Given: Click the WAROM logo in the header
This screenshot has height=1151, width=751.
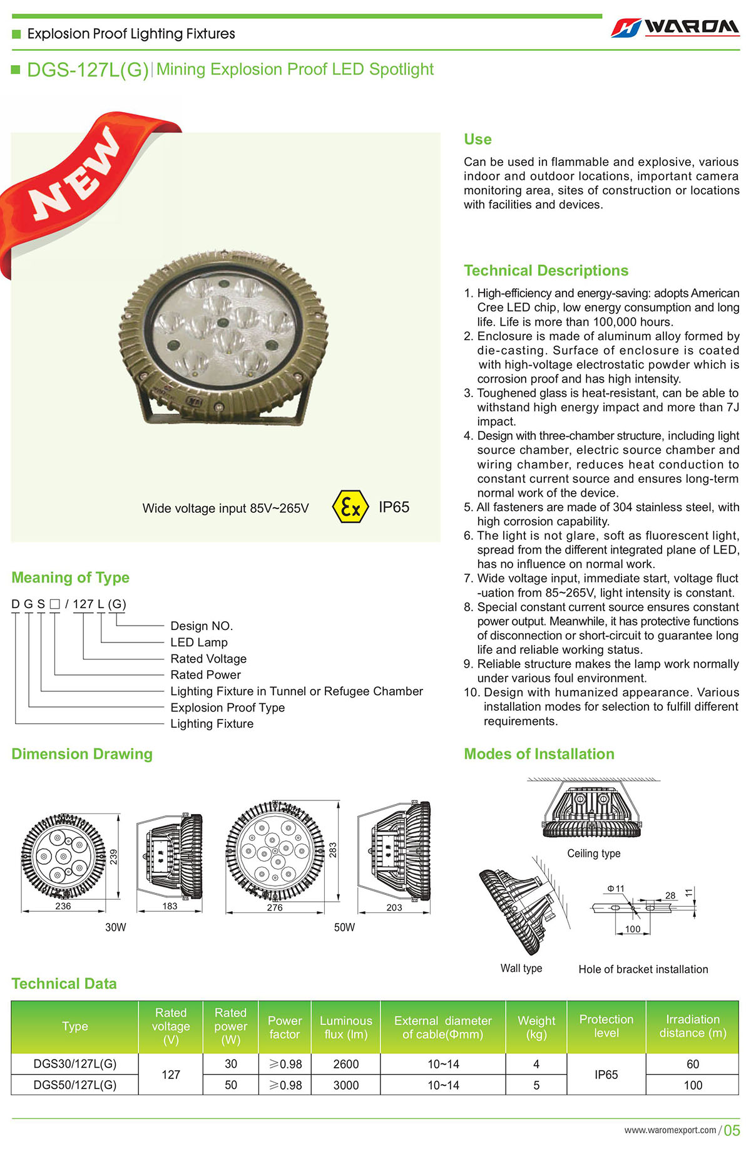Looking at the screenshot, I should pos(675,28).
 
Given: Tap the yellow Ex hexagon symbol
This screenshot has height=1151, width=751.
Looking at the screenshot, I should pos(350,507).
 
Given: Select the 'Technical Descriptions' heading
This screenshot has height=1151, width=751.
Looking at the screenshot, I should pos(546,271).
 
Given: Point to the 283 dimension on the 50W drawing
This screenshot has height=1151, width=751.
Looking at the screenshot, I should pos(333,850).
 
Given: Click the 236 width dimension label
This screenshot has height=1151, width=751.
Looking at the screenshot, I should pos(63,906).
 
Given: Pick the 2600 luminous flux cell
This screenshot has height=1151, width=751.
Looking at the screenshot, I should pos(345,1064).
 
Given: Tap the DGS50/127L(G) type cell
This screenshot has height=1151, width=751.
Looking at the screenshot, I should pos(75,1085).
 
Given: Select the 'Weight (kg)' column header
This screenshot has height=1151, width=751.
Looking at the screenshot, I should pos(536,1027).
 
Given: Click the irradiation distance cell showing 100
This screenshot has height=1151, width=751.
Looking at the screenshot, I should pos(693,1085).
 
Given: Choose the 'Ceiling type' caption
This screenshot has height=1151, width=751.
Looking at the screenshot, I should pos(594,854).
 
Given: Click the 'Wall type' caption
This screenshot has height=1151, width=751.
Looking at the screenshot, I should pos(521,968).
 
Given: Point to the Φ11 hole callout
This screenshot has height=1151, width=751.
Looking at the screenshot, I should pos(616,889).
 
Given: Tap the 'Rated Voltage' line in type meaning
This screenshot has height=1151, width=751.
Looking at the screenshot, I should pos(208,659).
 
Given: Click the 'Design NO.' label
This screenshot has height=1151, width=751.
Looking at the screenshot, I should pos(202,626).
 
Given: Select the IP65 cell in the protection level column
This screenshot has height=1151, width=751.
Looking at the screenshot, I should pos(606,1075).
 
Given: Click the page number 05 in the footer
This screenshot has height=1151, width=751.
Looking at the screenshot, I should pos(732,1130).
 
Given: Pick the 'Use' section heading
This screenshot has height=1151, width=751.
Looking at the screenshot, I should pos(478,140).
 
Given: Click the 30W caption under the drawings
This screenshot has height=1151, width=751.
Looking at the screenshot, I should pos(116,927).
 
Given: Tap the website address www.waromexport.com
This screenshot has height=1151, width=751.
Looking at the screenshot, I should pos(670,1130).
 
